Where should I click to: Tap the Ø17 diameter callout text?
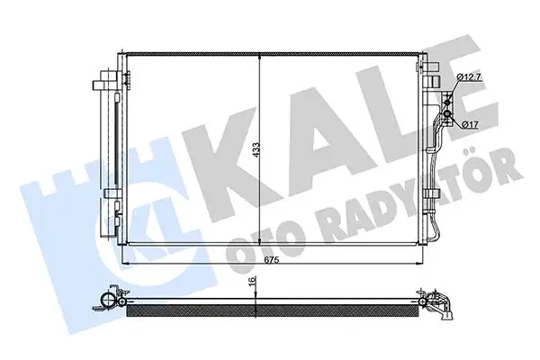coord(472,123)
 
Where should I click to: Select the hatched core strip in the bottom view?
coord(270,312)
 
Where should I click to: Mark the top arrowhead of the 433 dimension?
coord(260,55)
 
